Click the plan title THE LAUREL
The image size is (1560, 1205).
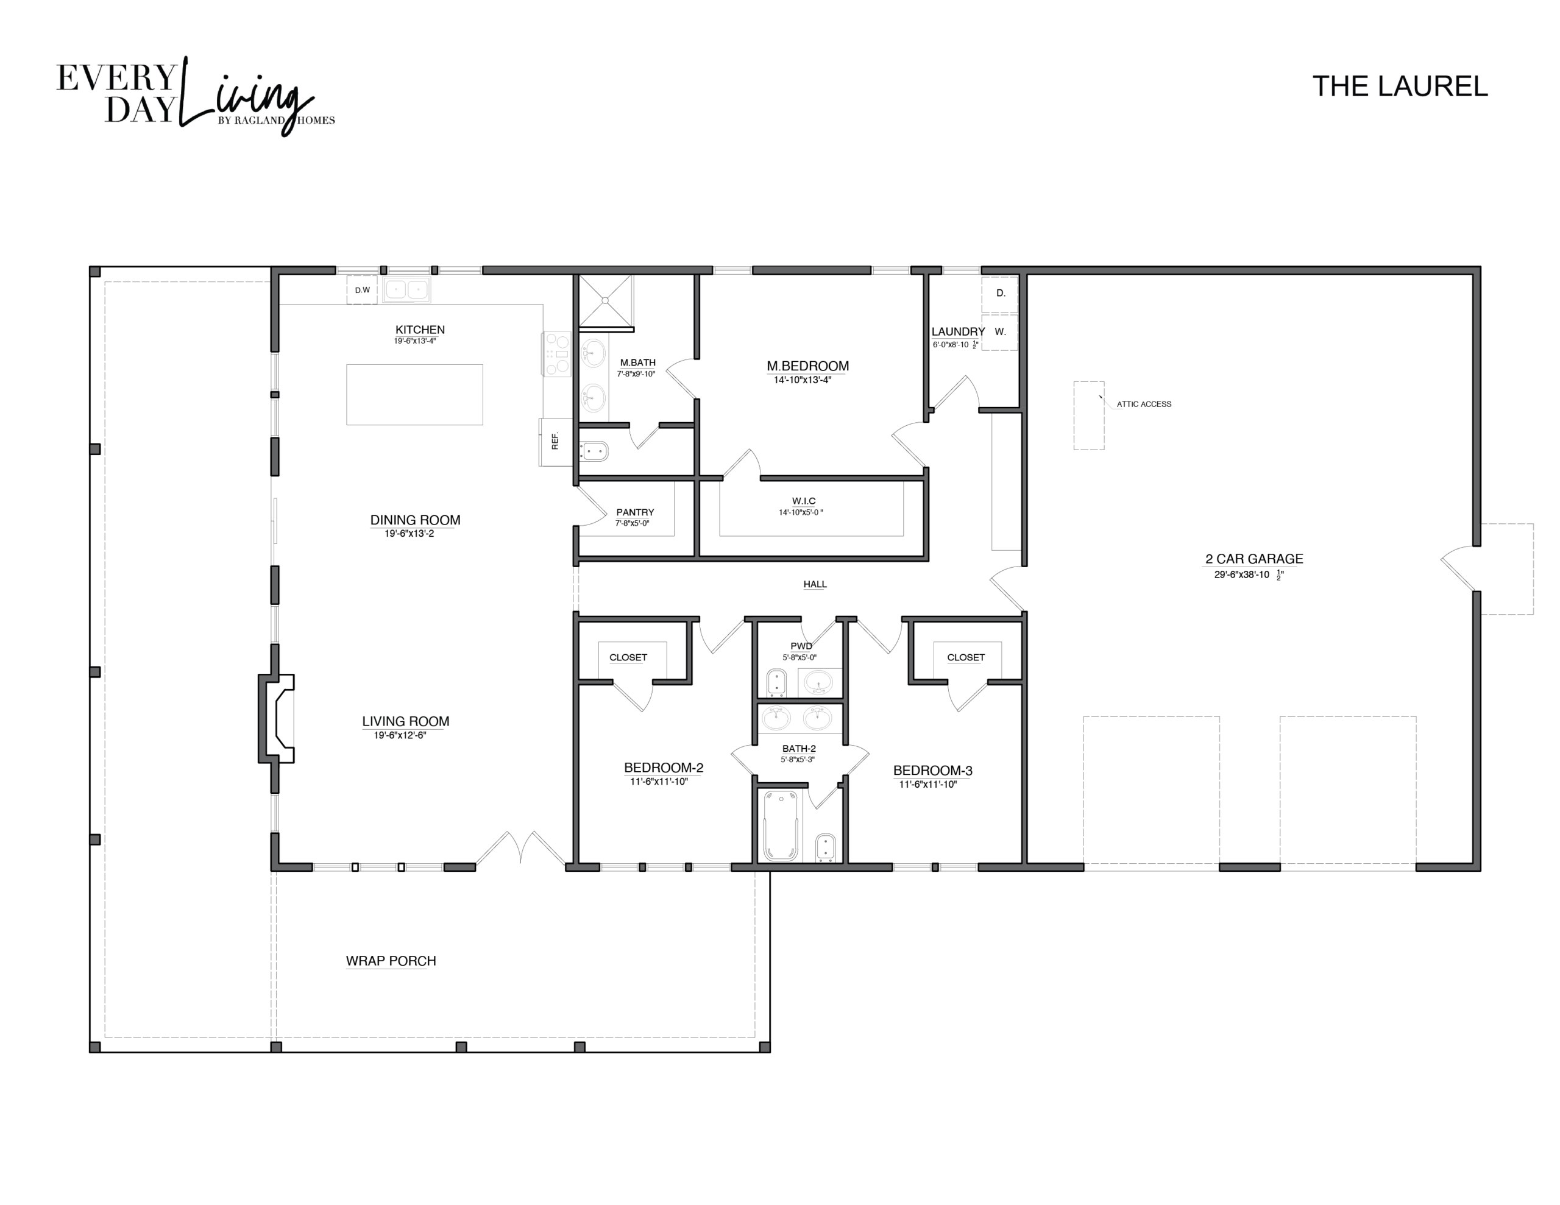(x=1400, y=87)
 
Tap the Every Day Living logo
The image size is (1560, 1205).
(x=195, y=96)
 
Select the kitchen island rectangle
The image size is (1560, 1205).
(x=414, y=394)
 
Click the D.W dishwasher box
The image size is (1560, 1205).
(x=362, y=290)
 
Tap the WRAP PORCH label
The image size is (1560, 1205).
(x=391, y=961)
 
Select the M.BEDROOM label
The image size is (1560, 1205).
(x=808, y=366)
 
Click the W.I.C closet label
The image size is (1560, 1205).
(x=804, y=501)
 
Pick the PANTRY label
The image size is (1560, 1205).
(x=635, y=512)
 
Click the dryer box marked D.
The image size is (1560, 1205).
(x=1000, y=294)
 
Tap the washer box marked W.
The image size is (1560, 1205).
(x=1000, y=332)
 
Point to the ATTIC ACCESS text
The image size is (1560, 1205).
(x=1144, y=405)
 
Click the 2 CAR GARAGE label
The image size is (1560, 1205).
(x=1254, y=559)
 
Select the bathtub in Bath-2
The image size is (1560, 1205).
(x=781, y=825)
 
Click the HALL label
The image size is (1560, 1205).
(x=815, y=584)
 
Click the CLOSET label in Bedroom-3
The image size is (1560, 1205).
(x=966, y=657)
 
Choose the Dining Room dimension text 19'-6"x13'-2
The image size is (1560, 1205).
(x=409, y=534)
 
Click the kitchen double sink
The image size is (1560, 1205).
(x=406, y=289)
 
